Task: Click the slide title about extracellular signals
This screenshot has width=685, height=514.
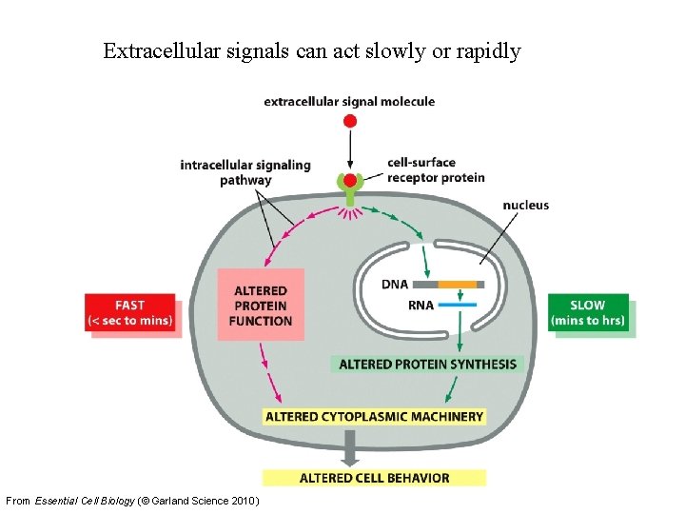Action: pyautogui.click(x=312, y=50)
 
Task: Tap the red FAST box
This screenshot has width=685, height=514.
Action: pyautogui.click(x=129, y=312)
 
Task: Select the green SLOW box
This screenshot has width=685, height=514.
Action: pyautogui.click(x=587, y=312)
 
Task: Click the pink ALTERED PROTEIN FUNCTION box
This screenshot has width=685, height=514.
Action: pyautogui.click(x=260, y=305)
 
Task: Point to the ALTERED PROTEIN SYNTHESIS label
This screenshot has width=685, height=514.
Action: pyautogui.click(x=428, y=364)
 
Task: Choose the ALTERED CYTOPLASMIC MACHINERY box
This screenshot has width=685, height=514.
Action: pyautogui.click(x=375, y=416)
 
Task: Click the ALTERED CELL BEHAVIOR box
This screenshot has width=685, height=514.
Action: pyautogui.click(x=375, y=477)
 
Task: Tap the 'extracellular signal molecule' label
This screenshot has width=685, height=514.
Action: pyautogui.click(x=349, y=101)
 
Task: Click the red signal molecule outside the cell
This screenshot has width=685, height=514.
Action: pyautogui.click(x=350, y=121)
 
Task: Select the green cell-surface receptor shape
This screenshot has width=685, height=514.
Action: pyautogui.click(x=350, y=188)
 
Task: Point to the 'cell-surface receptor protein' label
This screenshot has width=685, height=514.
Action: pyautogui.click(x=436, y=169)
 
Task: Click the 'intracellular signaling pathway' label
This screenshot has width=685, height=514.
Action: pyautogui.click(x=245, y=172)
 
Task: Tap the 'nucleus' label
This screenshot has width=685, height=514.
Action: pyautogui.click(x=525, y=205)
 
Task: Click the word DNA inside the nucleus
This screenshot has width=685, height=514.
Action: pyautogui.click(x=395, y=284)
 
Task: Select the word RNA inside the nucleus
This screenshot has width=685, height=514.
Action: pyautogui.click(x=395, y=305)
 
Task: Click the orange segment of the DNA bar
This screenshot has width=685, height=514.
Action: pyautogui.click(x=458, y=284)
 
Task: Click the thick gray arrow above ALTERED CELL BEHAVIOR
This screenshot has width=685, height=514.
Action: pyautogui.click(x=350, y=445)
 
